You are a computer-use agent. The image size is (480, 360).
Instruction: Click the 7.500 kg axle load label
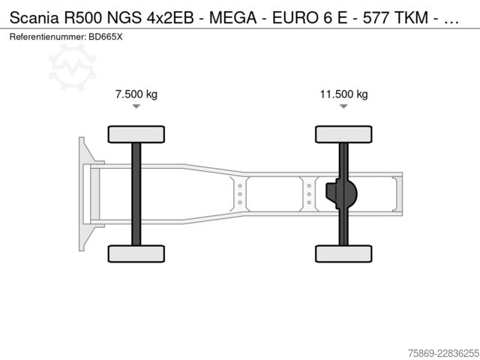(x=136, y=94)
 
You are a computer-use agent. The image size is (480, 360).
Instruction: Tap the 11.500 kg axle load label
(x=343, y=94)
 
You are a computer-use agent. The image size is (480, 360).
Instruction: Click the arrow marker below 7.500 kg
(x=136, y=106)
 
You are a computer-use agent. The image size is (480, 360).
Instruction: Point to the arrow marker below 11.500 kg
(x=343, y=106)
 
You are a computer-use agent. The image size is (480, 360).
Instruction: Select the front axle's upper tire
(x=136, y=134)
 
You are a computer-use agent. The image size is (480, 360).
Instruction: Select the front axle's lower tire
(x=136, y=253)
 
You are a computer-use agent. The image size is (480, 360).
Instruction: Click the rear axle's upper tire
(x=343, y=134)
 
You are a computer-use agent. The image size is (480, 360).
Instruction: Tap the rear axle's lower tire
(x=343, y=253)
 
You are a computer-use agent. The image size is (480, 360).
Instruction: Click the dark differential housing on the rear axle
(x=341, y=193)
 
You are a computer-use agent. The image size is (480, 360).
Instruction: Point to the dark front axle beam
(x=136, y=194)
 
